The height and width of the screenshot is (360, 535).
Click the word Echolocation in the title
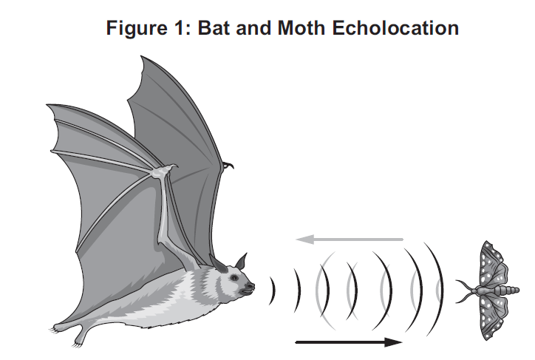[x=395, y=27]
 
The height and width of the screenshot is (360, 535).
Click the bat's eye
[x=234, y=278]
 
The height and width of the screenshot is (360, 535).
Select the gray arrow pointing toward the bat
[x=350, y=240]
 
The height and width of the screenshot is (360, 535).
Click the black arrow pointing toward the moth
[x=349, y=342]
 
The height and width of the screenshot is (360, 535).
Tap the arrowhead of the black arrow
[x=393, y=342]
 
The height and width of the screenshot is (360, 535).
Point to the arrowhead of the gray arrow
[x=304, y=240]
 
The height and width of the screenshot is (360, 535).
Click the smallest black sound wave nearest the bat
[x=273, y=291]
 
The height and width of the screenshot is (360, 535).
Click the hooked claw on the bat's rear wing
[x=228, y=165]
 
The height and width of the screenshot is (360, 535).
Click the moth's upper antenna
[x=464, y=285]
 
